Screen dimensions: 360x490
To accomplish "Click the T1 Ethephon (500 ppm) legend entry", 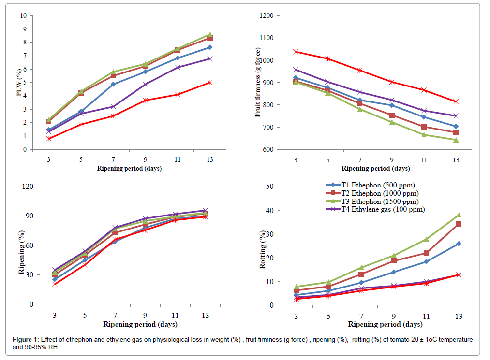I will (x=370, y=185).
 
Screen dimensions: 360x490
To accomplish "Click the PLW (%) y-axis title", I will (x=19, y=83).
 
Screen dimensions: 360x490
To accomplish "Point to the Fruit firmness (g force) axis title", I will (x=258, y=82).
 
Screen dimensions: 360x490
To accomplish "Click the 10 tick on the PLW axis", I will (x=23, y=16).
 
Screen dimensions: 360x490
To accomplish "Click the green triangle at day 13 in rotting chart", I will (x=458, y=215).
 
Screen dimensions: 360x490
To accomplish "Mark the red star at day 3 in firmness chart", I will (x=295, y=52).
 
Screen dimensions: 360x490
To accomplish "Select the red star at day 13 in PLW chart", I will (x=209, y=83).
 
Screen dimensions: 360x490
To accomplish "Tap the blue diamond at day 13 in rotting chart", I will (x=458, y=244).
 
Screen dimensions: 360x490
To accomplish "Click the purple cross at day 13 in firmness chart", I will (x=455, y=116).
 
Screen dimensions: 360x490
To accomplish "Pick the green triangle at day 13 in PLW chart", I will (x=209, y=35).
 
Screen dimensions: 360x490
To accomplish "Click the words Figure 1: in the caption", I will (x=26, y=340).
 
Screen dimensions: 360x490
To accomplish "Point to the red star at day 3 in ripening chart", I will (x=55, y=284).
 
